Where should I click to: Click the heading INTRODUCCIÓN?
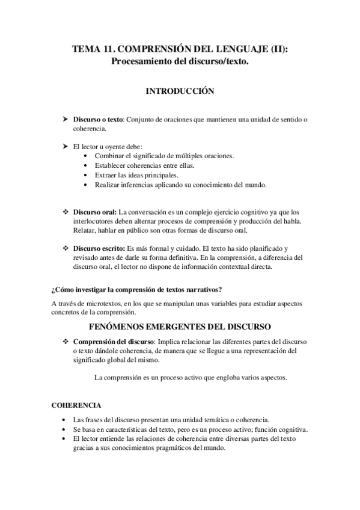click(180, 91)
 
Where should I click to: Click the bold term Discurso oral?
click(96, 212)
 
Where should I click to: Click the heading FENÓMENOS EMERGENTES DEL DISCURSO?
click(180, 327)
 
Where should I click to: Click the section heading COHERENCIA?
click(76, 405)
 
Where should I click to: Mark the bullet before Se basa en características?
click(64, 429)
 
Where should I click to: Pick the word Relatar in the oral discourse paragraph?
click(85, 230)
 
